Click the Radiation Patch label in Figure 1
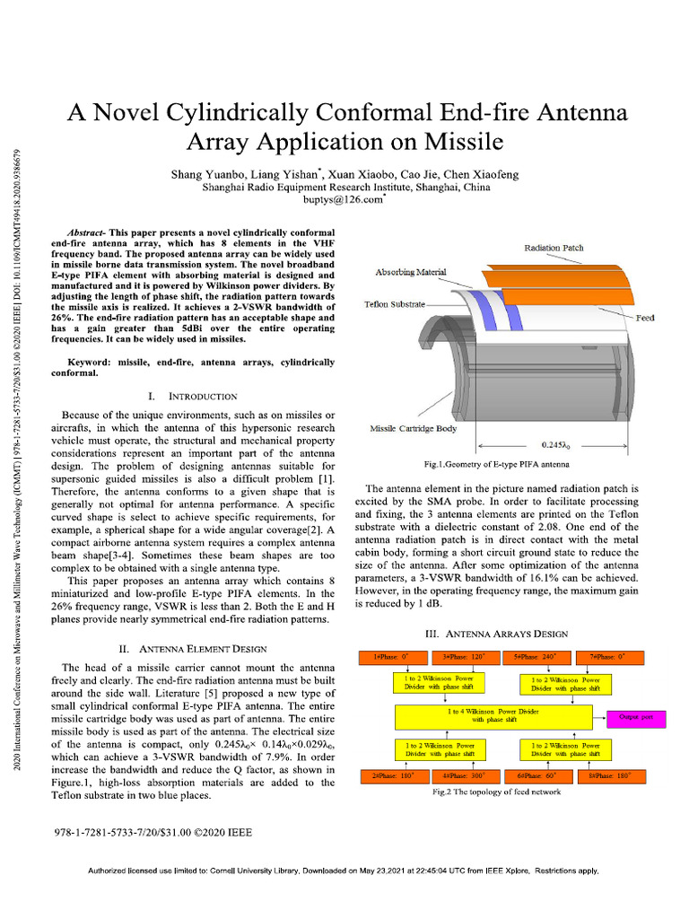coord(554,247)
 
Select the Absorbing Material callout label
coord(410,272)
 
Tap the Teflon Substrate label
coord(394,304)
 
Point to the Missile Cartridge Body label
coord(414,428)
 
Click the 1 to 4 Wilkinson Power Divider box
coord(493,715)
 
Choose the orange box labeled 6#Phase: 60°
coord(536,775)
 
